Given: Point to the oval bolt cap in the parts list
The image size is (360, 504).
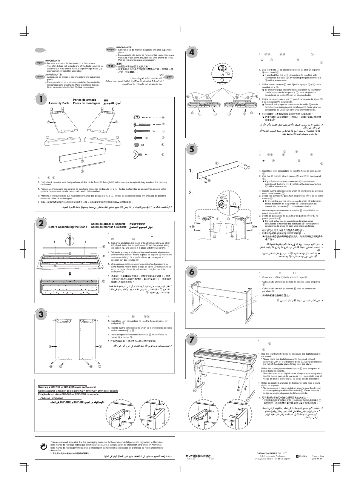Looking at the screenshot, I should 137,145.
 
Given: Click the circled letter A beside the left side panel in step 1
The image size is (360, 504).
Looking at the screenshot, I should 48,121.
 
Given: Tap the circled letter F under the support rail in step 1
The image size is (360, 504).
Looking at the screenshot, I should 82,172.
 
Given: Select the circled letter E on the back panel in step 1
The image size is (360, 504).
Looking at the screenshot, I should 82,161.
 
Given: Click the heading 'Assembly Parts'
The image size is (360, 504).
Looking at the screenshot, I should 59,103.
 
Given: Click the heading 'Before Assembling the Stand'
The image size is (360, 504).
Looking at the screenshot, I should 68,227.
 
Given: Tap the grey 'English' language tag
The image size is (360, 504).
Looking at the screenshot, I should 40,63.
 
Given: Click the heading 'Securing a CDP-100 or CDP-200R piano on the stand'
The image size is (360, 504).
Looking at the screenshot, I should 67,387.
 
